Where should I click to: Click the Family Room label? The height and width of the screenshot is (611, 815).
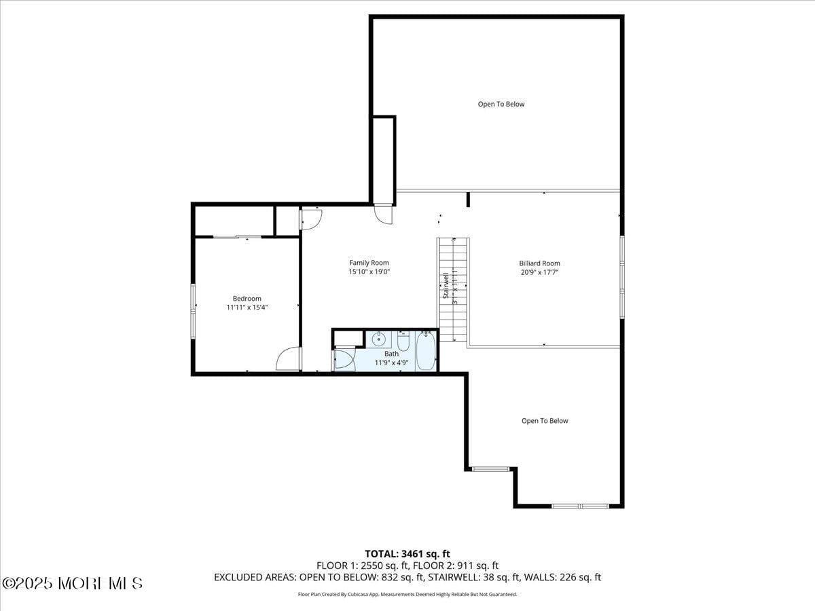click(369, 263)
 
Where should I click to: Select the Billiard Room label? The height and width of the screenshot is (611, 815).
click(539, 263)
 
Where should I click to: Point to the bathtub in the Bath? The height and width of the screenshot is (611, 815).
click(425, 350)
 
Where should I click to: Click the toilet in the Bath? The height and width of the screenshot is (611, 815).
click(403, 342)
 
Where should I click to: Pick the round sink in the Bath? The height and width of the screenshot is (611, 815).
click(379, 339)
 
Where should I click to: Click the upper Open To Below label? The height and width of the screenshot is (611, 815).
click(501, 104)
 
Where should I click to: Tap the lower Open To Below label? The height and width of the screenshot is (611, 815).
click(545, 421)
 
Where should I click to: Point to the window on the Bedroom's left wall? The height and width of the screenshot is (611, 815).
click(194, 311)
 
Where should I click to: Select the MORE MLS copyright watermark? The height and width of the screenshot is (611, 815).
click(72, 583)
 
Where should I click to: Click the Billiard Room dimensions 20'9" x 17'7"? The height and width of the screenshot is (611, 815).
click(539, 272)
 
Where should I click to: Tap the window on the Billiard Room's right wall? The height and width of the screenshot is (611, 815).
click(621, 276)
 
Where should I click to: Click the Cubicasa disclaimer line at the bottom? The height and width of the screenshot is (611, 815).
click(407, 594)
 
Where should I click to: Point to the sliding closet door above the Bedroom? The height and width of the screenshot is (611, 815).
click(237, 237)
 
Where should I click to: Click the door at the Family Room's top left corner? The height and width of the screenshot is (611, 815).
click(310, 217)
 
